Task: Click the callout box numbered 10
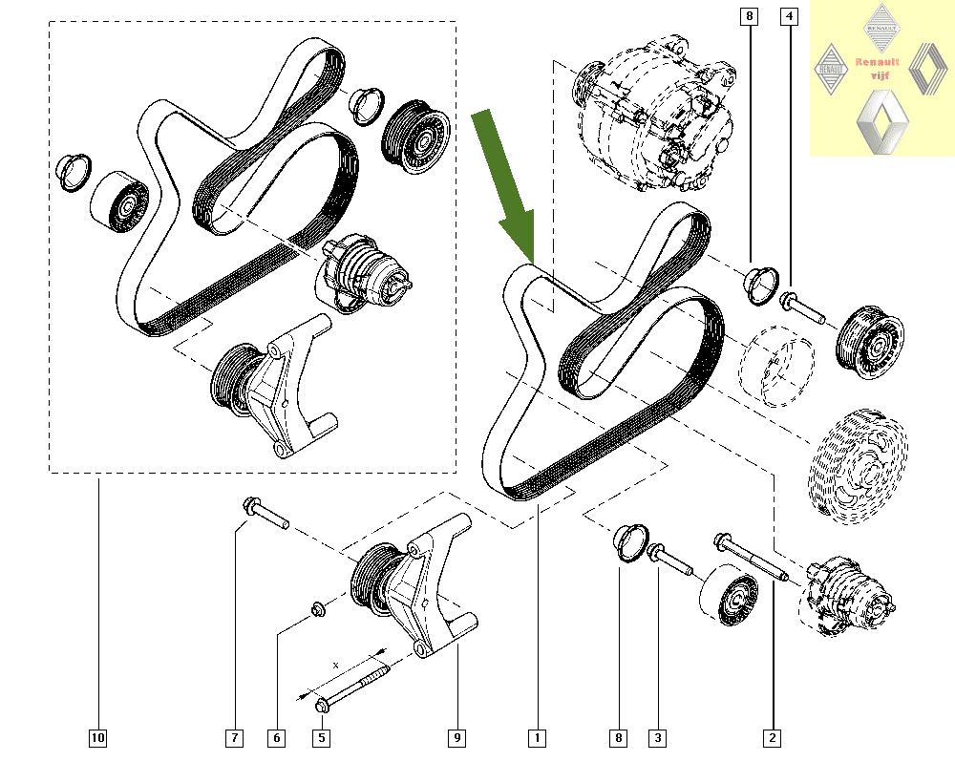coord(97,737)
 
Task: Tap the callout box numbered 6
coord(276,737)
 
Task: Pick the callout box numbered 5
coord(322,737)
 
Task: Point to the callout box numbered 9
coord(457,737)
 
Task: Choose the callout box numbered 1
coord(538,737)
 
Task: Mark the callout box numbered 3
coord(657,737)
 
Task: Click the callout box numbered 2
coord(772,737)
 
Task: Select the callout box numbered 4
coord(789,15)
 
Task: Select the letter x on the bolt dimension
coord(335,662)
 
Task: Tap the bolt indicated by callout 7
coord(265,513)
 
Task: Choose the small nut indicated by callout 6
coord(316,608)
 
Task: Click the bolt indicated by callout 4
coord(802,307)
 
